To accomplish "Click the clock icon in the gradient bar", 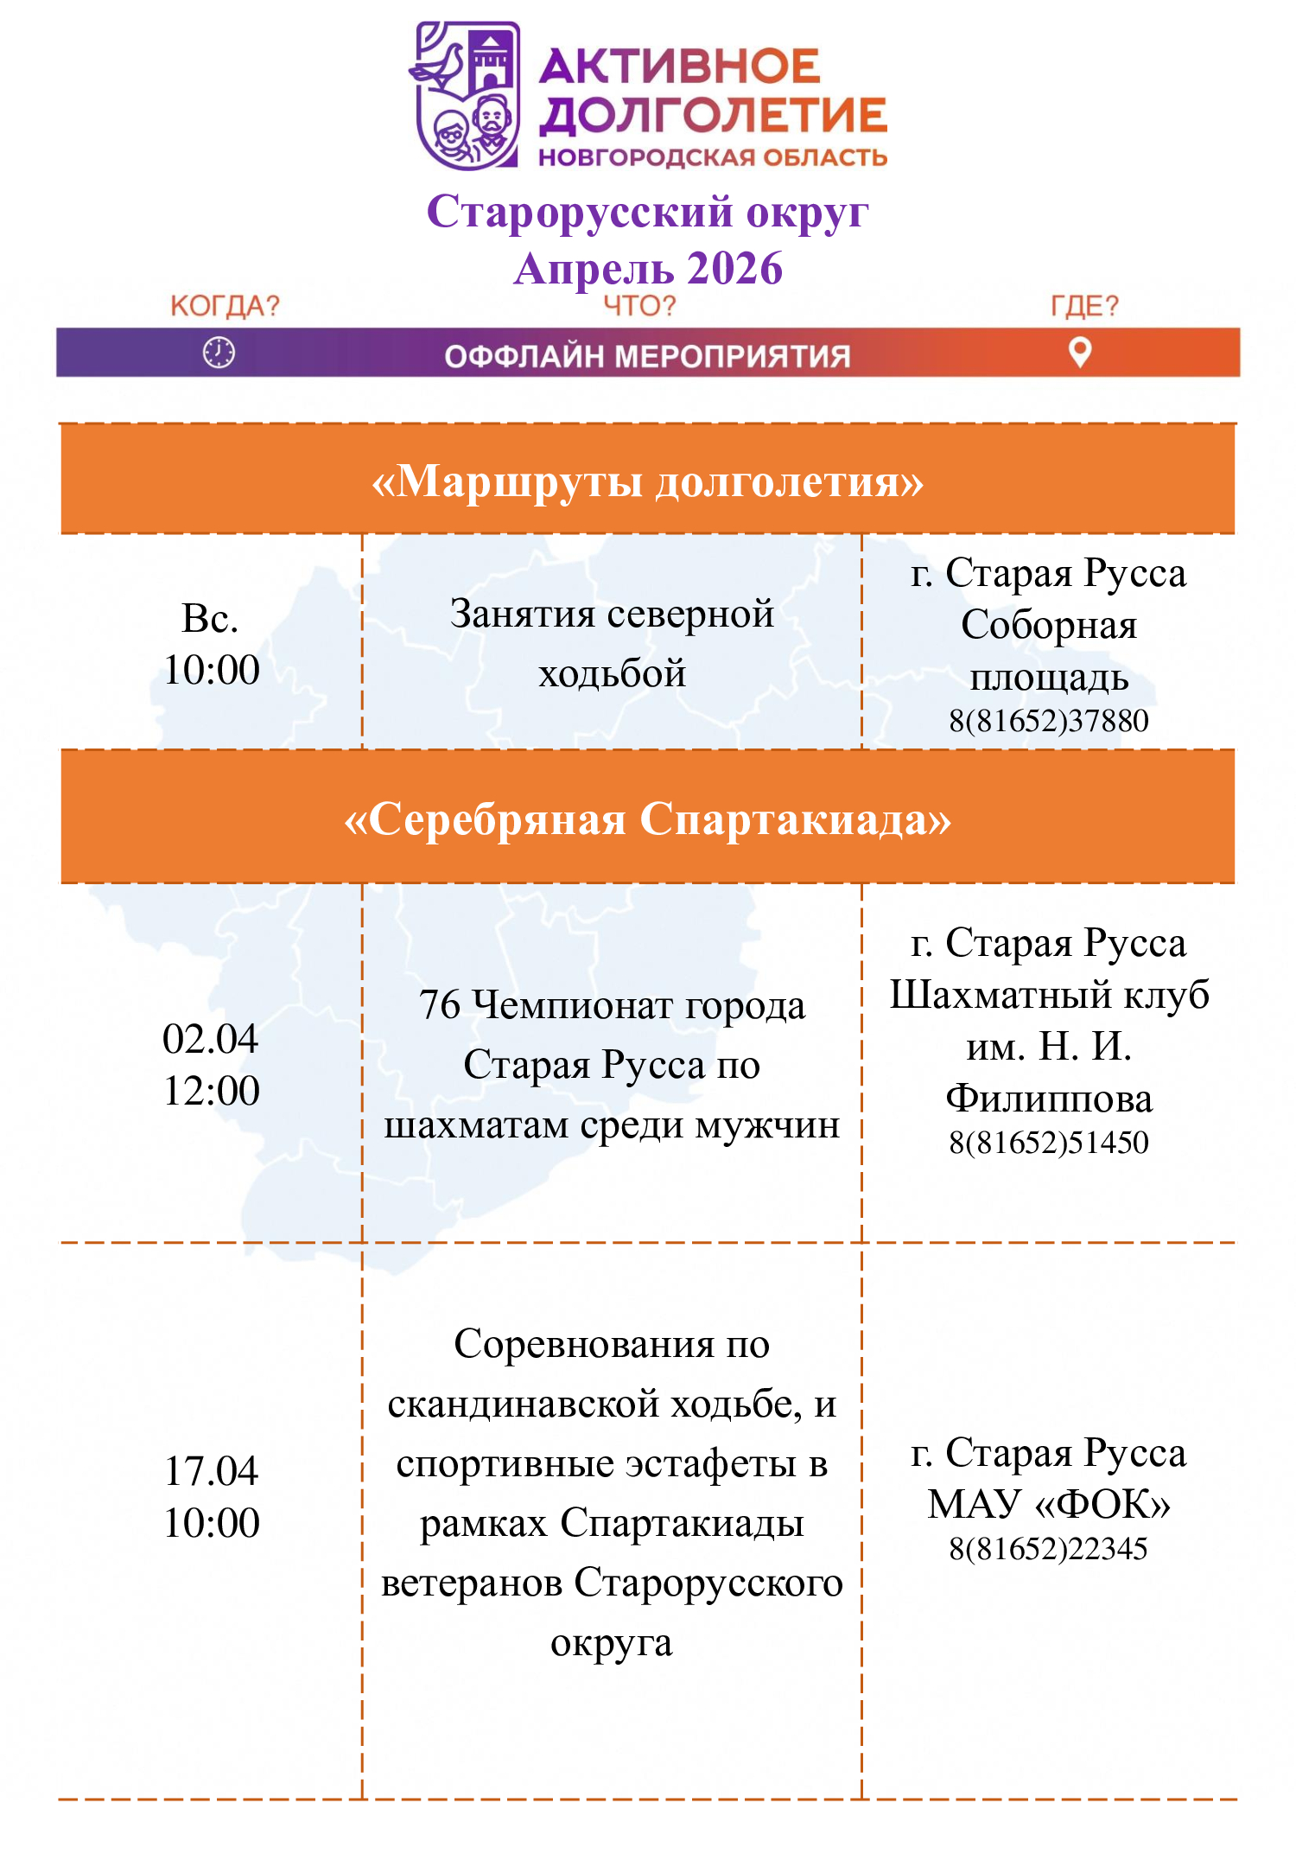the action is (x=219, y=353).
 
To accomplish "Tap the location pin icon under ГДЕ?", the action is (x=1080, y=352).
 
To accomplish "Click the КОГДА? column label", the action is (x=225, y=306).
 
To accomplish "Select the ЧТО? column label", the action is (x=639, y=306).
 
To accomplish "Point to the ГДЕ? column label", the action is (x=1084, y=306).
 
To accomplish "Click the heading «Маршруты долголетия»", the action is (x=647, y=481).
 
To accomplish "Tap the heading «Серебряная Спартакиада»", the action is (x=647, y=819).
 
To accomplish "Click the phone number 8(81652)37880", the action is (x=1048, y=721).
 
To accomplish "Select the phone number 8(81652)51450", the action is (x=1048, y=1143).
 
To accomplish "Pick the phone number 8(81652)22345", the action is (x=1048, y=1549).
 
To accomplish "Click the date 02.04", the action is (x=211, y=1039).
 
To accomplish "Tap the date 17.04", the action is (x=211, y=1471).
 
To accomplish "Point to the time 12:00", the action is (x=211, y=1091).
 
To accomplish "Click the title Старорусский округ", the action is (x=647, y=212).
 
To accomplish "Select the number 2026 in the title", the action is (x=735, y=269).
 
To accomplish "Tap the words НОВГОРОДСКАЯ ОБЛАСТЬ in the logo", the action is (x=713, y=157).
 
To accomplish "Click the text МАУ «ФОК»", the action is (x=1048, y=1505).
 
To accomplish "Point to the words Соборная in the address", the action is (x=1048, y=625).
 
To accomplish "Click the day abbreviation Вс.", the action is (x=210, y=619).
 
